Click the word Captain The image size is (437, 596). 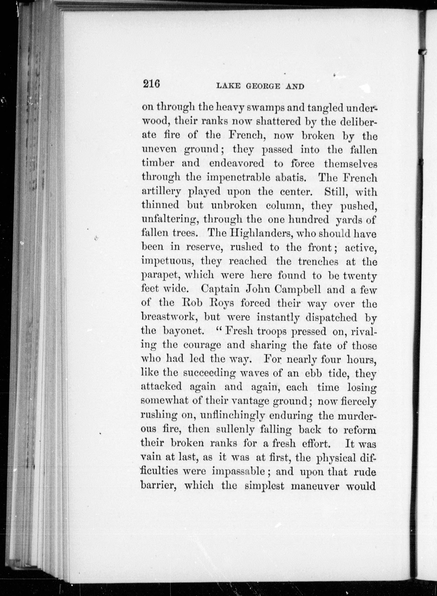[x=221, y=289]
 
